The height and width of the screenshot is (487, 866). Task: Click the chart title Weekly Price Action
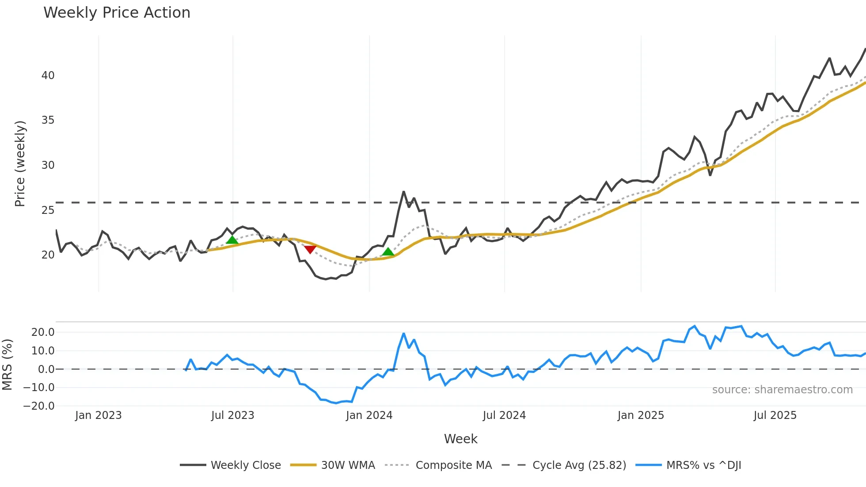click(x=117, y=13)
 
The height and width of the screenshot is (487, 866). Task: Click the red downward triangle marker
click(x=310, y=250)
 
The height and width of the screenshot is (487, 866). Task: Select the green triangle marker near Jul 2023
click(x=232, y=240)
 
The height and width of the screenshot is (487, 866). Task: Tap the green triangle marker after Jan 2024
click(x=388, y=251)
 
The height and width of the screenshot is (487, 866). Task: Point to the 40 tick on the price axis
click(x=48, y=76)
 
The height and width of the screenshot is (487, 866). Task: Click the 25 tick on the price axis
click(x=48, y=210)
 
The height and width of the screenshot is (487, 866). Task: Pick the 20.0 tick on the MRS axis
click(x=43, y=332)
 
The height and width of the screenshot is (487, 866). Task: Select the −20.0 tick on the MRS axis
click(x=40, y=406)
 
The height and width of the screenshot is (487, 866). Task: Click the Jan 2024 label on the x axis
click(x=369, y=415)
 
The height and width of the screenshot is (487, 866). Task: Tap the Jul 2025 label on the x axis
click(x=775, y=415)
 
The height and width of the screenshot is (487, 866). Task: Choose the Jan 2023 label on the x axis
click(x=98, y=415)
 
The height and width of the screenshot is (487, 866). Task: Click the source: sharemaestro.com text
click(x=782, y=390)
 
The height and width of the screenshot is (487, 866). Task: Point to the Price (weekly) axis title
click(x=20, y=164)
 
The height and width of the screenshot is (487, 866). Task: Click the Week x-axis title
click(x=460, y=439)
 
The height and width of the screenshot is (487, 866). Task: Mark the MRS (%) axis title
click(x=7, y=365)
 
